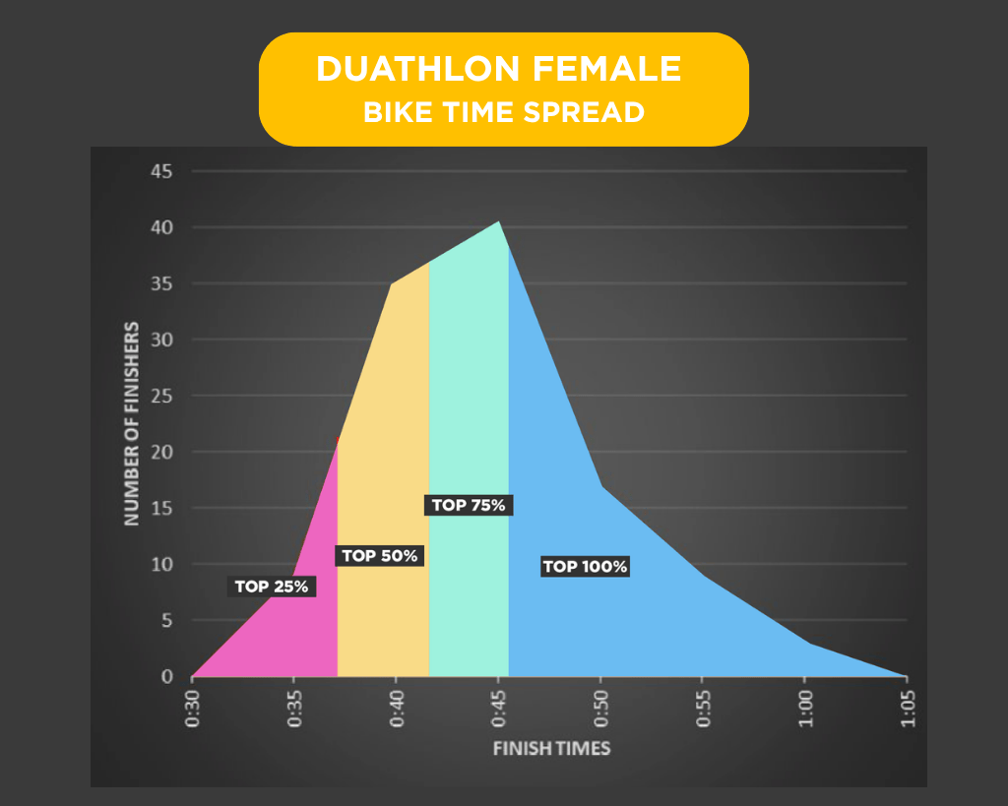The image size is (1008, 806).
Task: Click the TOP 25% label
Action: point(272,587)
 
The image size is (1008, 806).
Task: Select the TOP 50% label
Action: point(380,556)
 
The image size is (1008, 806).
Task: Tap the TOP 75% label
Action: point(469,505)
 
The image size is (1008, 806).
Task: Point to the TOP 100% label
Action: point(585,566)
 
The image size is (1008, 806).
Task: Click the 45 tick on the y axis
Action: point(160,172)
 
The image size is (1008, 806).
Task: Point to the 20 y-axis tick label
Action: point(160,453)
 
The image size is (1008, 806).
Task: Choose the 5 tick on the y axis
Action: point(166,621)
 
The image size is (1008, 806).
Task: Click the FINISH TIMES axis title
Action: point(551,749)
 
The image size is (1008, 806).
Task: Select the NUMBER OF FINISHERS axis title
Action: point(132,423)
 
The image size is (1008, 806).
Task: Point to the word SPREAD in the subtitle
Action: point(590,112)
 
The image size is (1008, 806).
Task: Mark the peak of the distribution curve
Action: point(499,222)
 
